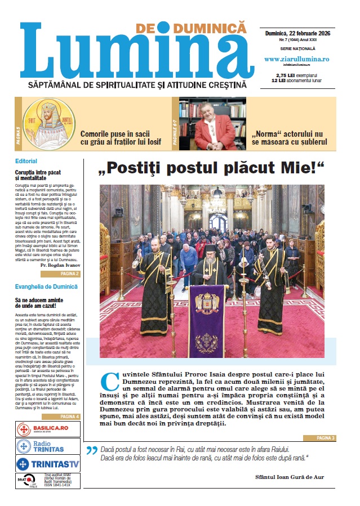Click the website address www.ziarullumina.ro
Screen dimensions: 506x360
coord(296,59)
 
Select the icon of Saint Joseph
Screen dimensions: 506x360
coord(48,122)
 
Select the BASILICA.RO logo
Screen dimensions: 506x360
coord(48,429)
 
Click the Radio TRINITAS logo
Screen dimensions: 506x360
coord(48,446)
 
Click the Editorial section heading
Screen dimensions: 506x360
coord(26,161)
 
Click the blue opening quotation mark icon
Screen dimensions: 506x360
coord(91,450)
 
